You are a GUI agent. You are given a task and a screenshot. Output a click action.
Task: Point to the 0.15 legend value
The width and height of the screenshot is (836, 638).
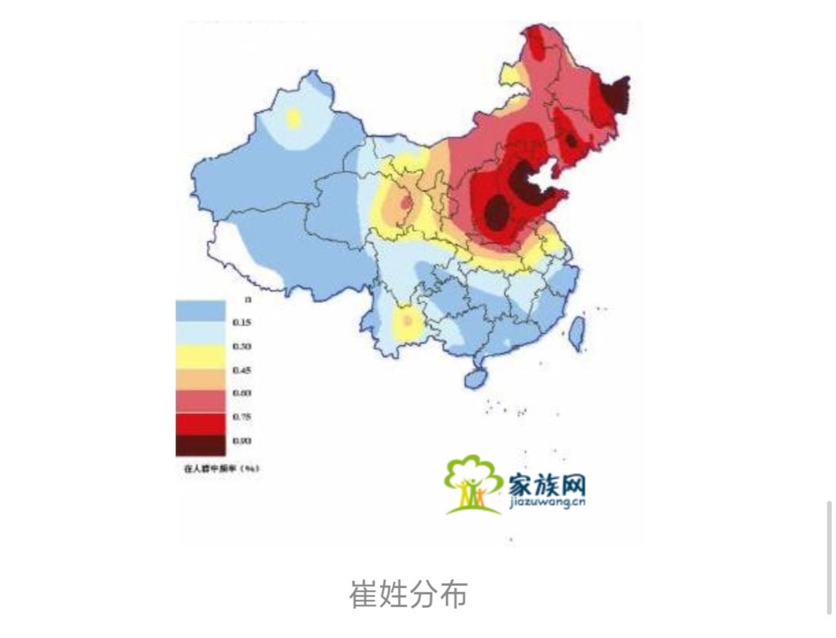pos(242,323)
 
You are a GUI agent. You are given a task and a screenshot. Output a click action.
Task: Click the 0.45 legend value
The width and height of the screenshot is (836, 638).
pos(242,370)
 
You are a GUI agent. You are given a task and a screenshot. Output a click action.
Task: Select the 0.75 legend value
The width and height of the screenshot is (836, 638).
pos(242,417)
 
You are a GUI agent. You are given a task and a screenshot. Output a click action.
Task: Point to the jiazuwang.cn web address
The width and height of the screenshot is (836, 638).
pos(544,501)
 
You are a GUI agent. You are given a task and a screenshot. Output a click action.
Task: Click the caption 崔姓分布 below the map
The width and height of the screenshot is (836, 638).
pos(408,594)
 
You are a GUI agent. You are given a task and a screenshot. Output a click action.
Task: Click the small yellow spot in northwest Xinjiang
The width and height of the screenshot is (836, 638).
pos(293,119)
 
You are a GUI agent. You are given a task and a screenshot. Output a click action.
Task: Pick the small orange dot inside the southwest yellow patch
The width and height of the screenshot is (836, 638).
pos(408,321)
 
